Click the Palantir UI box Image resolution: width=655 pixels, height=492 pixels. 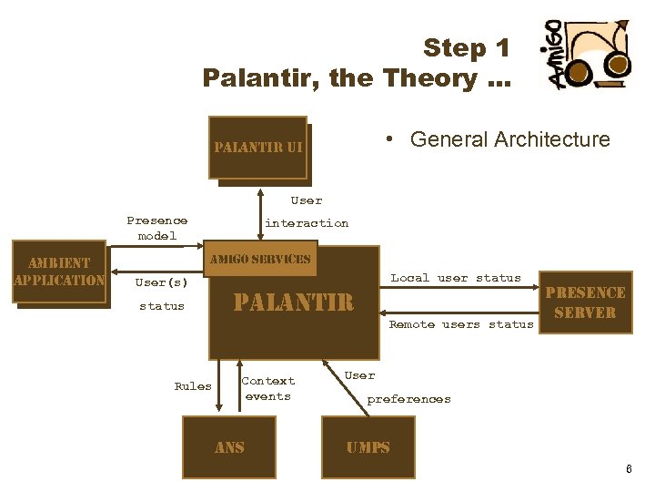click(x=257, y=147)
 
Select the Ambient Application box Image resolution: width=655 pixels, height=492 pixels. click(x=59, y=272)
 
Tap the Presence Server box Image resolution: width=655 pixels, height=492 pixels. click(x=584, y=302)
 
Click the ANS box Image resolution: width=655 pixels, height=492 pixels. click(x=228, y=447)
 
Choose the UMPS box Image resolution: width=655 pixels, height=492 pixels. click(x=368, y=447)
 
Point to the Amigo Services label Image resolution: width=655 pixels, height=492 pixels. click(x=260, y=259)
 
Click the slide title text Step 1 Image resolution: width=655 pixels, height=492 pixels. click(x=466, y=47)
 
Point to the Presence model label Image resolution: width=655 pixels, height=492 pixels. click(x=157, y=228)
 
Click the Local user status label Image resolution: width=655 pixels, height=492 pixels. click(x=456, y=278)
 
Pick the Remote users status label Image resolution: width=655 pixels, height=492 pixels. click(x=461, y=324)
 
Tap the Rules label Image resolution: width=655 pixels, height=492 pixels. click(x=193, y=386)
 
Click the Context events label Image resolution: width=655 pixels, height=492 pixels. click(x=268, y=388)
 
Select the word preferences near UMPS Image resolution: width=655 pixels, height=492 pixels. click(x=408, y=399)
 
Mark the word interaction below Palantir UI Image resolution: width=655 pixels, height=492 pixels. click(x=307, y=223)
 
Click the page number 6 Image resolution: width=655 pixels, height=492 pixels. click(x=628, y=468)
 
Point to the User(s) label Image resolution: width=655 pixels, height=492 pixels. click(x=161, y=282)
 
